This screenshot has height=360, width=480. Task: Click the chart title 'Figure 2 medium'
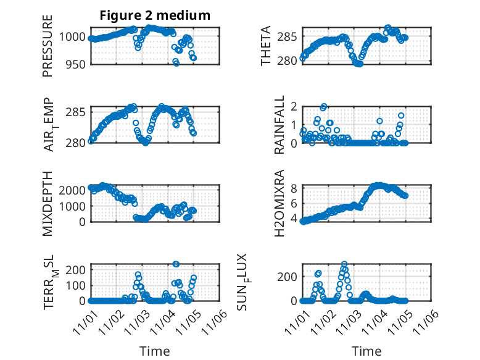coord(155,15)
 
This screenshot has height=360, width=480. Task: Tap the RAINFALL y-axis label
coord(280,125)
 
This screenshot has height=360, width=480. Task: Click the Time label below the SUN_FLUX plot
coord(366,351)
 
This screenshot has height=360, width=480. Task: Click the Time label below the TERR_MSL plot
coord(155,351)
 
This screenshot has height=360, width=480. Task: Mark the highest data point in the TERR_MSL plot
coord(176,264)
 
